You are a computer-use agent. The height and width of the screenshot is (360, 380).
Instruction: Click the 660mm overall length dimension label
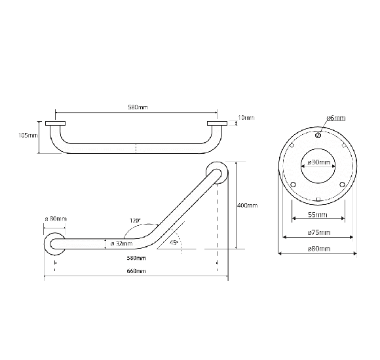(137, 271)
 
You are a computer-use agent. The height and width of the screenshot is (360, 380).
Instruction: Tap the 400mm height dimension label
(247, 206)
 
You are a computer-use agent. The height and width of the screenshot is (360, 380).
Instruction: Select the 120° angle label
(135, 221)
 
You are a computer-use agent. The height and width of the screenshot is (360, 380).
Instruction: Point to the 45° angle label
(174, 242)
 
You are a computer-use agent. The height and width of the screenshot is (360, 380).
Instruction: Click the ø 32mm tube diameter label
(122, 243)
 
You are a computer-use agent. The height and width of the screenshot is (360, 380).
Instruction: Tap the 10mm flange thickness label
(246, 118)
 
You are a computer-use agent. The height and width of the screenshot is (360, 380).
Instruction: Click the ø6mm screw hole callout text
(335, 118)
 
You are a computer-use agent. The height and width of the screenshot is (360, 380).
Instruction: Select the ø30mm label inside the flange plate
(318, 162)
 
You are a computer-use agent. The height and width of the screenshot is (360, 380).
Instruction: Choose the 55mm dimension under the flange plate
(318, 215)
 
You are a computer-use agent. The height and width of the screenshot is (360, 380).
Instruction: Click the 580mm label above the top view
(137, 107)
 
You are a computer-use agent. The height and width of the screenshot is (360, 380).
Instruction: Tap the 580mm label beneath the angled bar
(137, 259)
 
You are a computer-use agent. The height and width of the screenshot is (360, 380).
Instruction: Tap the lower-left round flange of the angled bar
(54, 243)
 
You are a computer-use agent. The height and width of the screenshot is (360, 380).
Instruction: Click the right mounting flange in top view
(217, 123)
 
